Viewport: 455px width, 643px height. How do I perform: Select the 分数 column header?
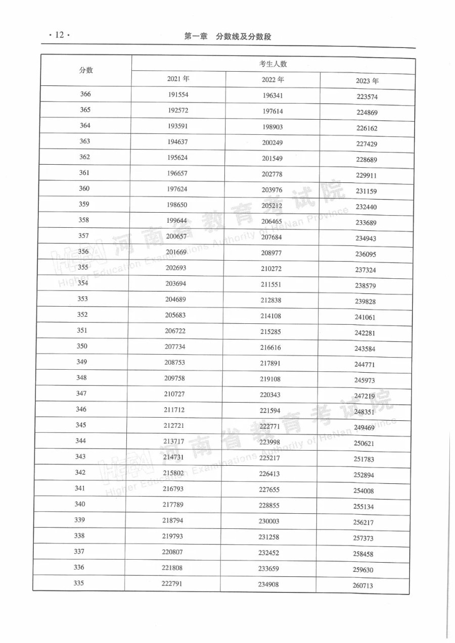(x=86, y=70)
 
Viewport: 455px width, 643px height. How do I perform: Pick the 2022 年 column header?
(x=273, y=80)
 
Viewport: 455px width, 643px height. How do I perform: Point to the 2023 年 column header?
(x=367, y=81)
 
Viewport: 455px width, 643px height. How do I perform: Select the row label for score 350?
(x=82, y=346)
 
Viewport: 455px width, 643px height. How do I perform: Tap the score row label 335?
(x=78, y=583)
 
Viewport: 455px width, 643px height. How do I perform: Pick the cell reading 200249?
(x=272, y=143)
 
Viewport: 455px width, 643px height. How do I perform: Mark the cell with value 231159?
(x=367, y=191)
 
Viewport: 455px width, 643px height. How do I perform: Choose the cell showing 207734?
(x=176, y=347)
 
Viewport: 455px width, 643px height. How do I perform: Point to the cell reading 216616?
(x=271, y=348)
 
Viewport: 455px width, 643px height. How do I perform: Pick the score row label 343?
(x=80, y=457)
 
